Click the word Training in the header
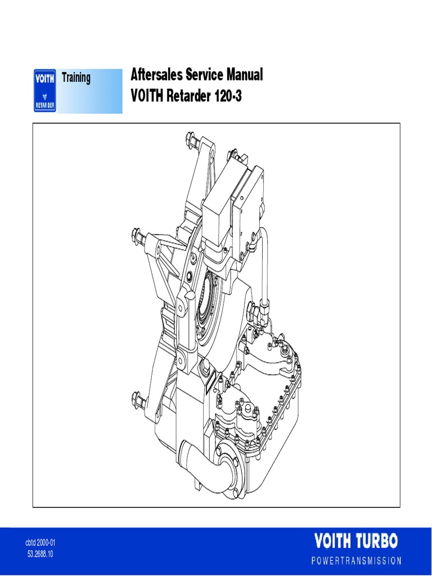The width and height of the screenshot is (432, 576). (76, 78)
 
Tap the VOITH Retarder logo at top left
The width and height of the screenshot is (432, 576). (44, 90)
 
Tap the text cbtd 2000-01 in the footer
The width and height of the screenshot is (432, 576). (40, 543)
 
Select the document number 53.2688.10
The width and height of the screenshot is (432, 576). (40, 553)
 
